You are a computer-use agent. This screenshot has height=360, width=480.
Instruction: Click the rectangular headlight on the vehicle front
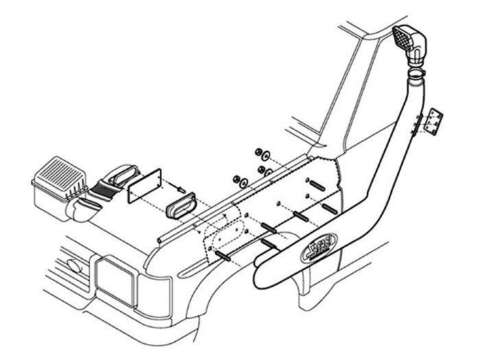116,281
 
